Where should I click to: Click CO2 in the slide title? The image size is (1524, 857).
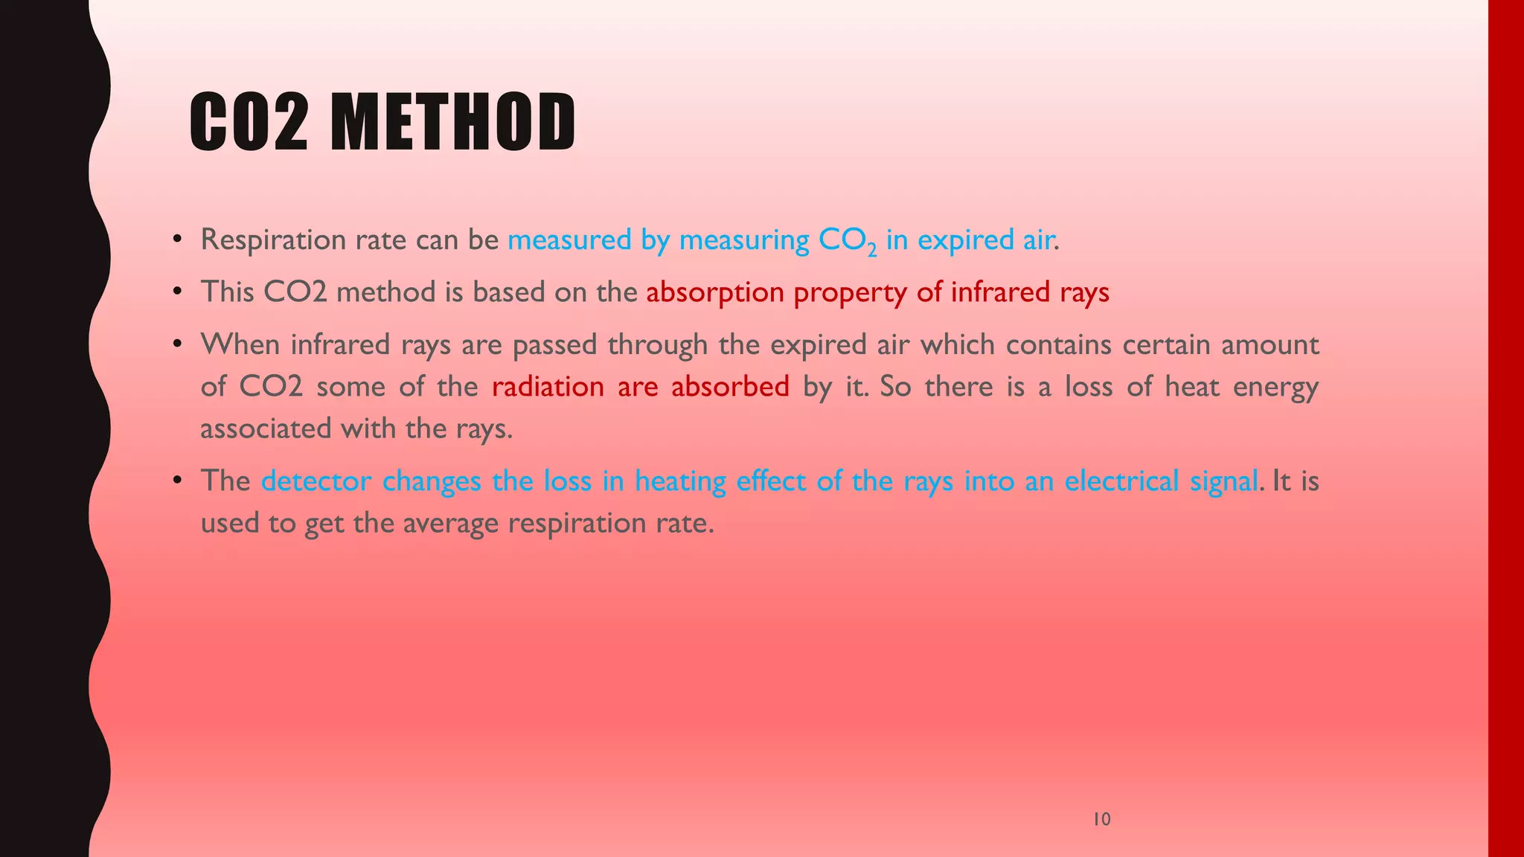click(249, 122)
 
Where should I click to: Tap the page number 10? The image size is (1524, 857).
click(1101, 819)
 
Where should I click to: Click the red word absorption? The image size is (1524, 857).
click(714, 292)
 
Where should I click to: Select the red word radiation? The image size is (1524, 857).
click(548, 387)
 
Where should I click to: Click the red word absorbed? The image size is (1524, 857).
click(730, 387)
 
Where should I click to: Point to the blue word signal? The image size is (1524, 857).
click(1223, 481)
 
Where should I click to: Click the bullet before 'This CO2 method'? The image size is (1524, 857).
click(177, 292)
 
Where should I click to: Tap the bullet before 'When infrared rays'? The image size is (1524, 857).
click(177, 344)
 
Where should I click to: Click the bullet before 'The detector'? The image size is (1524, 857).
click(177, 481)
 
